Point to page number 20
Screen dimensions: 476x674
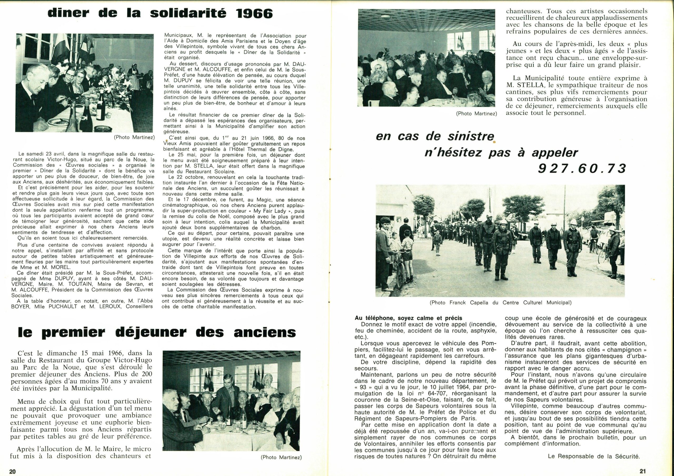(12, 471)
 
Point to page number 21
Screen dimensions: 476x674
(643, 471)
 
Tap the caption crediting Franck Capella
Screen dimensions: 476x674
(500, 302)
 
